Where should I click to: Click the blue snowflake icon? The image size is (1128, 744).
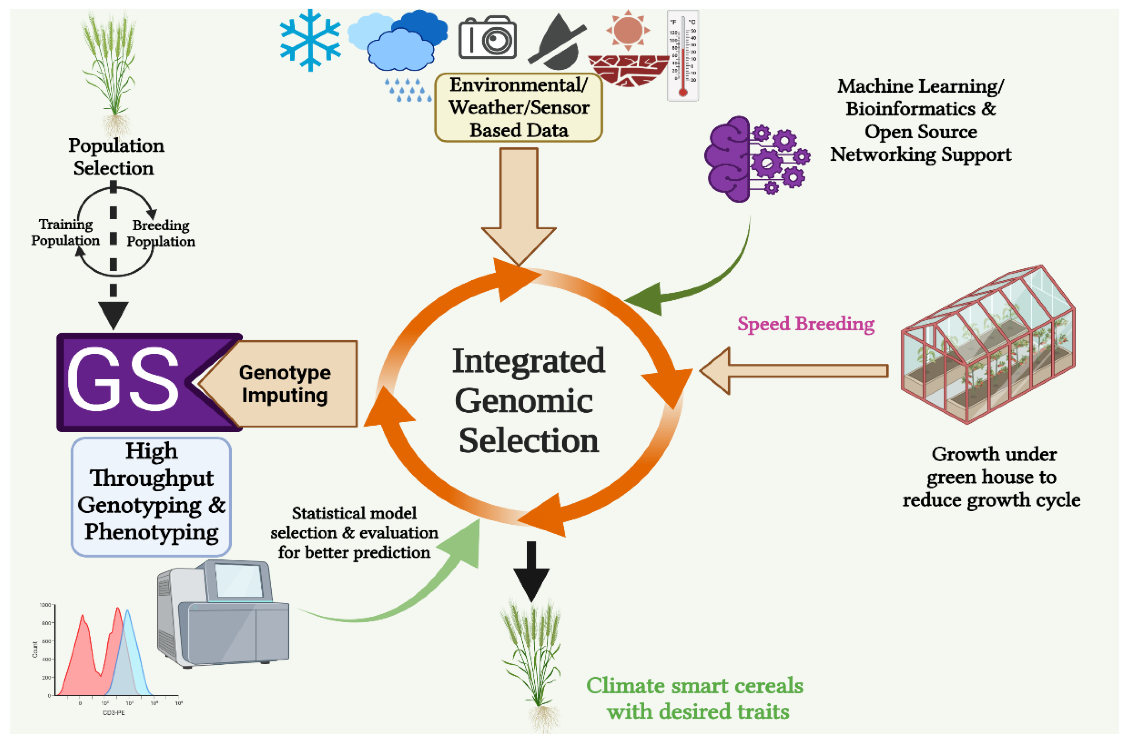pyautogui.click(x=310, y=40)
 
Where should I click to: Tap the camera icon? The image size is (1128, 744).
pyautogui.click(x=487, y=38)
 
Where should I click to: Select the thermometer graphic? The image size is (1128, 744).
pyautogui.click(x=682, y=56)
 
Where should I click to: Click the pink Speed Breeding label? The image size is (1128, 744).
pyautogui.click(x=805, y=324)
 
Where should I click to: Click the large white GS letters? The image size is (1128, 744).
pyautogui.click(x=122, y=380)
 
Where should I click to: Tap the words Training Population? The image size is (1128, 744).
pyautogui.click(x=65, y=232)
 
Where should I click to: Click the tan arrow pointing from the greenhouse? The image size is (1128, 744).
pyautogui.click(x=793, y=371)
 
